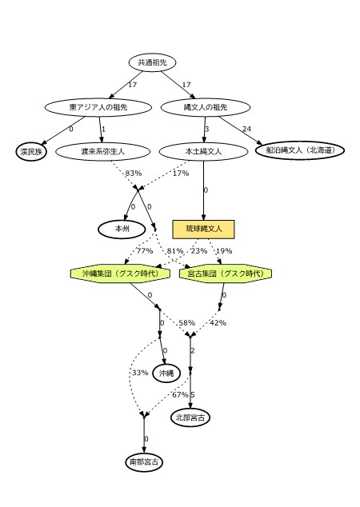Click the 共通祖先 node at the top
[x=152, y=62]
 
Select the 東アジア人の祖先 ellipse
[x=98, y=107]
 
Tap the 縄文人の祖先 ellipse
[x=206, y=107]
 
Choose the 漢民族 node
[x=31, y=152]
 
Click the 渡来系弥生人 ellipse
[x=103, y=152]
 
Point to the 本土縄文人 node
[x=203, y=152]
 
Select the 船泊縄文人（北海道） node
[x=300, y=150]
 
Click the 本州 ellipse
[x=122, y=229]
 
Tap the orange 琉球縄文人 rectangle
[x=203, y=230]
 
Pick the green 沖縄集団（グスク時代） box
[x=120, y=273]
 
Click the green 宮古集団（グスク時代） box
[x=226, y=273]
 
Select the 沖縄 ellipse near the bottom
[x=166, y=373]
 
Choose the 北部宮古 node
[x=190, y=417]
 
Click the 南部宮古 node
[x=144, y=462]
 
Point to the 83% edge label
[x=134, y=174]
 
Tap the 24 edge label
[x=246, y=129]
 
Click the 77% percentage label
[x=145, y=251]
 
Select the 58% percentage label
[x=186, y=323]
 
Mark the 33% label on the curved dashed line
[x=140, y=373]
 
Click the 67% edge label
[x=180, y=395]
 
